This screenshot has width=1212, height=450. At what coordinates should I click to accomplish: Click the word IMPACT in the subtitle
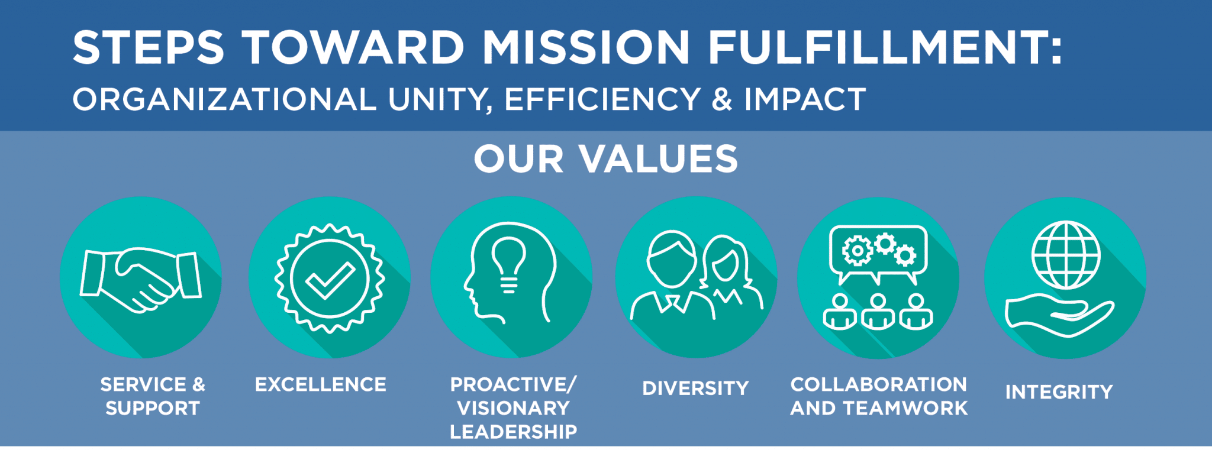point(805,99)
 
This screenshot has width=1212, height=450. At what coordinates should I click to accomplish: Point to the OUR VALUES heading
point(606,158)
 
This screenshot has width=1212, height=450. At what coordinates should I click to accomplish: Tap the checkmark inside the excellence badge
point(330,280)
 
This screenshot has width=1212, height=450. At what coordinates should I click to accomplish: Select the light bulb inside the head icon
point(508,265)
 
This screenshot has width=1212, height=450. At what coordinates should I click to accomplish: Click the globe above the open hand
point(1066,255)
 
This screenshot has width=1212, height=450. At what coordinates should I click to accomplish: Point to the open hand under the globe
point(1059,316)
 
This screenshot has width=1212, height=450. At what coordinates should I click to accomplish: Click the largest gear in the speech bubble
point(857,251)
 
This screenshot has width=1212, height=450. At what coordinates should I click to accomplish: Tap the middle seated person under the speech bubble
point(878,312)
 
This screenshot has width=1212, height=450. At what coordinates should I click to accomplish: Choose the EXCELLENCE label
point(321,384)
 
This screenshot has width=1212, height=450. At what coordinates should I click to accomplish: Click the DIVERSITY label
point(696,389)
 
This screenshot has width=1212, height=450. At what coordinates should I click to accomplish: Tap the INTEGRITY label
point(1059,392)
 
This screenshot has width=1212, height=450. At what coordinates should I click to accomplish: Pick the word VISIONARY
point(514,408)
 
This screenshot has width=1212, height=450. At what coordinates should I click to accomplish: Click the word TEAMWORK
point(905,408)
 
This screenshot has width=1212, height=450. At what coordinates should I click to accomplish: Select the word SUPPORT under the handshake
point(153,408)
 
